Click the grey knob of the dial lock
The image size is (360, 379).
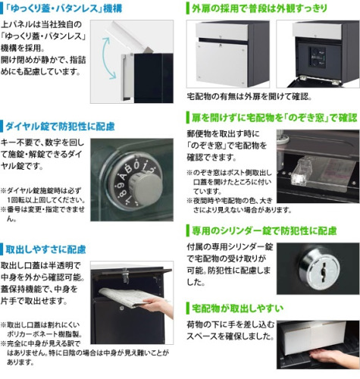click(146, 187)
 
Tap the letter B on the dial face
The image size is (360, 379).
click(128, 169)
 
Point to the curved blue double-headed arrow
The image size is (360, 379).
click(105, 58)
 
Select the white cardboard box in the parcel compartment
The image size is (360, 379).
click(311, 339)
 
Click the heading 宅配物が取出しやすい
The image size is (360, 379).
click(237, 308)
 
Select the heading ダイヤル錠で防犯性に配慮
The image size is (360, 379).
click(60, 127)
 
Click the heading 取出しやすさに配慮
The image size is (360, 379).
click(45, 249)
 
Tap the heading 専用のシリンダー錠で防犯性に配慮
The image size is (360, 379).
click(265, 230)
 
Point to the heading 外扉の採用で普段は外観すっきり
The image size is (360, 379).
click(259, 8)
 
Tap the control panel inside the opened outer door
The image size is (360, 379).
click(318, 58)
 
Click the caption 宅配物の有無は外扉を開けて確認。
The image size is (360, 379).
click(249, 96)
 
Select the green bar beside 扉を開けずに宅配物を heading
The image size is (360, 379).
click(188, 117)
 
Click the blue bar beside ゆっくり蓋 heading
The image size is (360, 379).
click(2, 8)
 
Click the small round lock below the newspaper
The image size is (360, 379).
click(122, 309)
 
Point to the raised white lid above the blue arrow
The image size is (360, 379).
click(131, 36)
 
